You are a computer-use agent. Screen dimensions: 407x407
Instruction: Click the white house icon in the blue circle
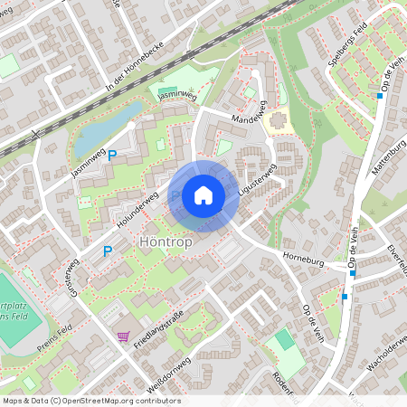(203, 195)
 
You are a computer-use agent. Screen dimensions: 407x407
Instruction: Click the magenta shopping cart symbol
(122, 336)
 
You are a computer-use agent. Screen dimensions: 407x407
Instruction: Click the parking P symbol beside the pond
(112, 156)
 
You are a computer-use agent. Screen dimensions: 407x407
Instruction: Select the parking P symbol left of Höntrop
(108, 251)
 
